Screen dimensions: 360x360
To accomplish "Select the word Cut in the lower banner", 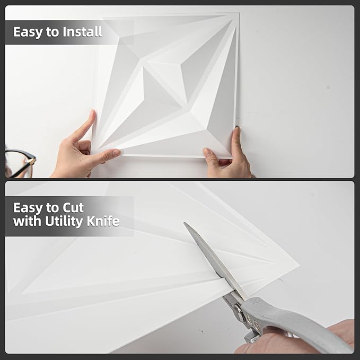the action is [x=73, y=208].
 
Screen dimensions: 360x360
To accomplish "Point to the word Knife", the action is [x=103, y=221].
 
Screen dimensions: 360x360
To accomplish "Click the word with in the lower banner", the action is [x=28, y=221].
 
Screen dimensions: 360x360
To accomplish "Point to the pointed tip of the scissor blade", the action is [x=184, y=223].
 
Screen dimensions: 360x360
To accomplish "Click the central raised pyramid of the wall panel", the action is [x=161, y=87].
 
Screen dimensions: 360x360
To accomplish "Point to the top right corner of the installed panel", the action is [x=239, y=13].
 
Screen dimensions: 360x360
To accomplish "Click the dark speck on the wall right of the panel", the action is [x=328, y=87].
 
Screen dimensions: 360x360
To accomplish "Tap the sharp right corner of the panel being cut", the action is [x=299, y=265].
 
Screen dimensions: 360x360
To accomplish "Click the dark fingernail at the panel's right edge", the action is [x=237, y=127].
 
